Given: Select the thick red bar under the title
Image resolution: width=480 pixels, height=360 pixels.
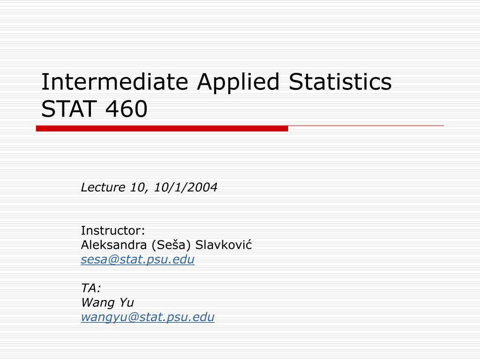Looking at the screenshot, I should (x=162, y=128).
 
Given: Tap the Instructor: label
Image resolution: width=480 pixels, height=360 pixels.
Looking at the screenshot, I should (x=113, y=231).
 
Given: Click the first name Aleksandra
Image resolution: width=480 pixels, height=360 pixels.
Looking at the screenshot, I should (x=113, y=245).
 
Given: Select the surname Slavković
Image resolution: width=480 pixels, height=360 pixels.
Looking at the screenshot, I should (x=224, y=245).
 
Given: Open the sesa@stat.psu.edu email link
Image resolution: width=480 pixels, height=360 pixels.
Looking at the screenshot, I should (x=137, y=260).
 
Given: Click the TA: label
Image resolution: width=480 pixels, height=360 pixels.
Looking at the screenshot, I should (x=91, y=288).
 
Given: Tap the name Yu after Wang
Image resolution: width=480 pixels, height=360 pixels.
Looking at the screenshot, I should (x=127, y=303).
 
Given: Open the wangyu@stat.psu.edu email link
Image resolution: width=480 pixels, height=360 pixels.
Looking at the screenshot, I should (x=148, y=317).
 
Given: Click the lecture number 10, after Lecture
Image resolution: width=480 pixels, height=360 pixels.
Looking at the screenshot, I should (x=137, y=187).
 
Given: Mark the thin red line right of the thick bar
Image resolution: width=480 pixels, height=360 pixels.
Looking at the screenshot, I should (x=366, y=126).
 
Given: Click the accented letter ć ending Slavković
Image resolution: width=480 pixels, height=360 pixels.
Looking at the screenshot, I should (x=249, y=245).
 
